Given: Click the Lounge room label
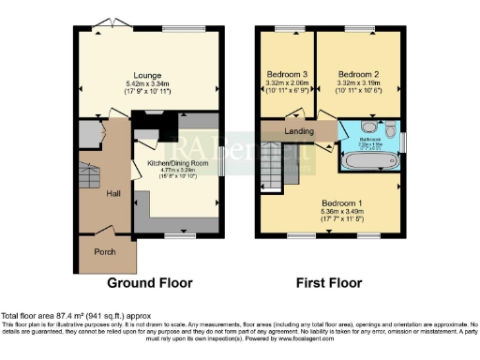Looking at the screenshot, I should click(149, 74).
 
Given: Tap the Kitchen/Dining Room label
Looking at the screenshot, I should click(176, 163).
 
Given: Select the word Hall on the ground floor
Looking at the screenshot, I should click(112, 193).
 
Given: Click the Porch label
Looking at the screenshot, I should click(105, 251).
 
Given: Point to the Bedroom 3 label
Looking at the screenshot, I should click(286, 74).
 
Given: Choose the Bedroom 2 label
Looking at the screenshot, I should click(357, 74).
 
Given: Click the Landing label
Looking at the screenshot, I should click(300, 132).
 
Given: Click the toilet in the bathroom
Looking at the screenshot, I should click(368, 127).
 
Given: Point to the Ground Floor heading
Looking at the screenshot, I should click(150, 282).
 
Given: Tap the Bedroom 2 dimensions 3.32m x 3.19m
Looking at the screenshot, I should click(357, 83).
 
